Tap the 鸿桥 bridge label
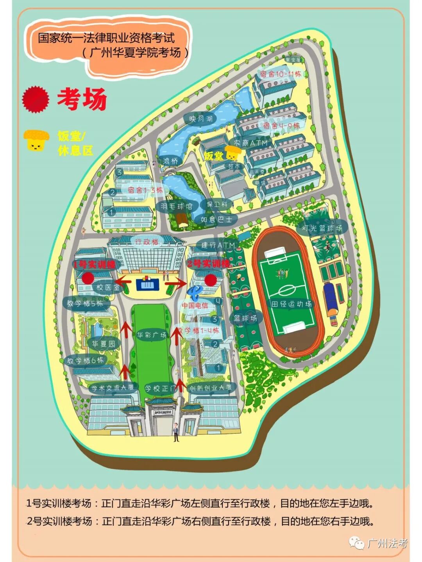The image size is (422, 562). click(x=170, y=161)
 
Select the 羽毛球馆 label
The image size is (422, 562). click(x=177, y=206)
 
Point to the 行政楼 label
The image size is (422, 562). click(x=147, y=242)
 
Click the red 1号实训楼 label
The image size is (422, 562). click(x=94, y=264)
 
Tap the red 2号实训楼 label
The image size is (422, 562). click(x=208, y=264)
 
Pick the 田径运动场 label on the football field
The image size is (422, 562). click(x=291, y=304)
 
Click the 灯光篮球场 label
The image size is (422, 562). click(x=322, y=228)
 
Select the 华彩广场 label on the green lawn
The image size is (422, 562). click(x=152, y=335)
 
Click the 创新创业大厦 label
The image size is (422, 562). click(x=211, y=388)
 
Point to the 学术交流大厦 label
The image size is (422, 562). click(x=112, y=388)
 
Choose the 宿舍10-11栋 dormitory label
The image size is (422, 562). click(x=281, y=74)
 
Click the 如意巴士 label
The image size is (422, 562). click(x=216, y=220)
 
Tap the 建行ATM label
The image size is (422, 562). click(x=218, y=245)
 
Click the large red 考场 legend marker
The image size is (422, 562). click(x=36, y=99)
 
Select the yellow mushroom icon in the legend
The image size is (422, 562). click(x=36, y=140)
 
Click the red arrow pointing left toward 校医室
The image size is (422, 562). click(x=125, y=281)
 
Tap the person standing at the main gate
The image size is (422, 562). click(x=176, y=432)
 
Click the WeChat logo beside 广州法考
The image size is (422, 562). click(x=357, y=543)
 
